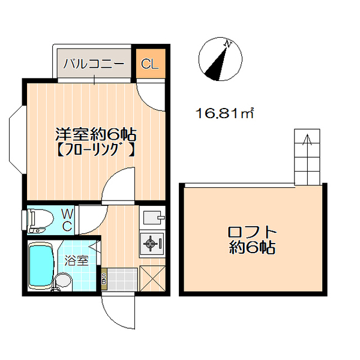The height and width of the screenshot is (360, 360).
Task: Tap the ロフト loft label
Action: pyautogui.click(x=253, y=232)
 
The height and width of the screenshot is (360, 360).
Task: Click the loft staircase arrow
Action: pyautogui.click(x=308, y=142)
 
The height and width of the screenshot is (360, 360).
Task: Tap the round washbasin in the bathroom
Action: pyautogui.click(x=61, y=280)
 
